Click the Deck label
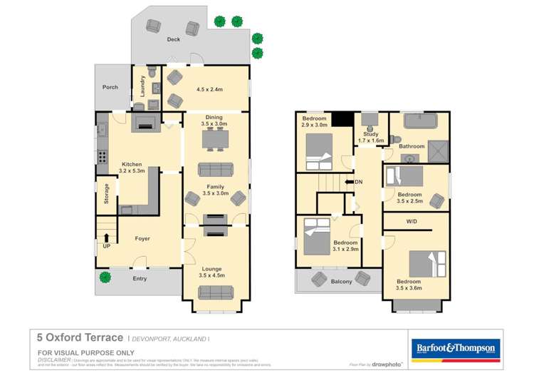(x=173, y=40)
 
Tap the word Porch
(x=110, y=88)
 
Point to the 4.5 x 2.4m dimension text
(x=210, y=90)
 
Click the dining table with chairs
(x=215, y=141)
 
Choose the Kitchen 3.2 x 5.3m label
(x=133, y=167)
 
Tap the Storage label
(x=107, y=194)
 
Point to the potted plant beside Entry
(x=105, y=278)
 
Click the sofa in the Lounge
(x=215, y=292)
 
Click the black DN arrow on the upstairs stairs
(x=350, y=182)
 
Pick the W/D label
(x=412, y=221)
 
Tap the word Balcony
(x=341, y=282)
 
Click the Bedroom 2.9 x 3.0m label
(x=315, y=121)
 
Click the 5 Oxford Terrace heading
(x=80, y=338)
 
